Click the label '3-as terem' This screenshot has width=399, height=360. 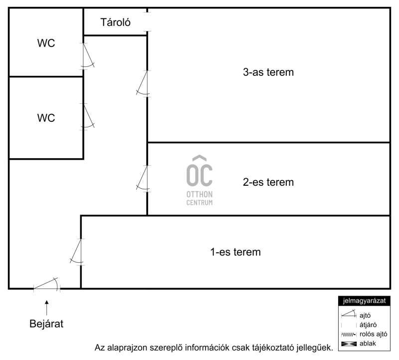pos(268,72)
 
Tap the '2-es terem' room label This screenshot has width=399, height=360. pos(268,182)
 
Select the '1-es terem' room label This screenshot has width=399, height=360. pos(235,252)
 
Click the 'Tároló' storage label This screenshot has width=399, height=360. pos(116,22)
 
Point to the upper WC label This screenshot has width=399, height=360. pos(46,43)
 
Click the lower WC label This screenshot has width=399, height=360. pos(46,118)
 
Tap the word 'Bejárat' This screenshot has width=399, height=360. pos(46,324)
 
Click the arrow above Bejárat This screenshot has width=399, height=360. pos(46,305)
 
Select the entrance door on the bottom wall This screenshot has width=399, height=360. pos(46,285)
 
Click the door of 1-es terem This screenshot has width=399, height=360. pos(77,251)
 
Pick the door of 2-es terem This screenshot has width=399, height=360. pos(143,178)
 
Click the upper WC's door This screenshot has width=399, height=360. pos(88,56)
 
